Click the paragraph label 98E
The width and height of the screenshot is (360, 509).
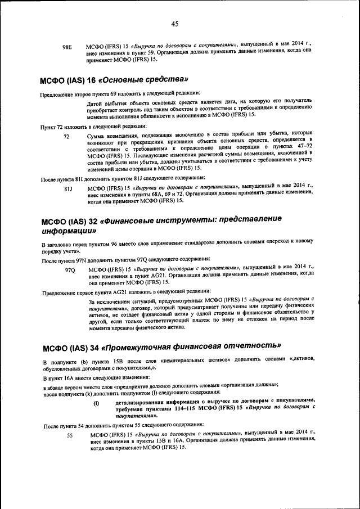(x=67, y=47)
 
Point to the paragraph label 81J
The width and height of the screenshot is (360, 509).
(x=68, y=188)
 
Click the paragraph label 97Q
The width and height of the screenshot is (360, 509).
(x=70, y=269)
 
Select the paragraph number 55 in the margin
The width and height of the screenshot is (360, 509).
(x=70, y=435)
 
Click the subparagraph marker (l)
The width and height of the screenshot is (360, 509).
(x=96, y=403)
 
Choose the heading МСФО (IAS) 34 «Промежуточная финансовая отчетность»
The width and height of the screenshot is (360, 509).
(x=161, y=345)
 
